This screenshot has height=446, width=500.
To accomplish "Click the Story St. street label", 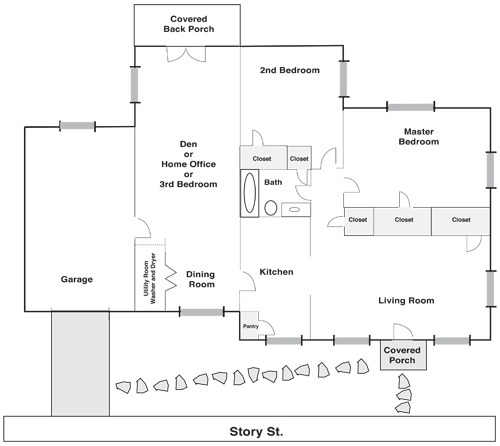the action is pos(256,432).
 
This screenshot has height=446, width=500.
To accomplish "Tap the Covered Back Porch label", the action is pos(189,24).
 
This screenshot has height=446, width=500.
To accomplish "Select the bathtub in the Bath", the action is pos(250,193).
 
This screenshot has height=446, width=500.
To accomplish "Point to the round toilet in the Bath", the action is pos(271,208).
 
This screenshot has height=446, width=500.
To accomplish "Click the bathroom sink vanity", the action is pos(296,210).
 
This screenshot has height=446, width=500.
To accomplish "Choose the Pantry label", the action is pos(251,326).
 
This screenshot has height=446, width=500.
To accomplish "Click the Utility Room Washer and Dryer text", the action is pos(149,279).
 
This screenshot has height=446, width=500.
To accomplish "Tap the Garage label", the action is pos(77,279).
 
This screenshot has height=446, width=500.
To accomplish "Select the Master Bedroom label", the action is pos(419,137).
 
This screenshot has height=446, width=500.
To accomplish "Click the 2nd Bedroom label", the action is pos(290,70).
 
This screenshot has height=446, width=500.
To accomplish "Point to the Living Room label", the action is pos(406,301).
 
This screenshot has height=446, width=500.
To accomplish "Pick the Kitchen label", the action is pos(276,272).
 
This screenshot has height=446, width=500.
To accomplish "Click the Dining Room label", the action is pos(201,279).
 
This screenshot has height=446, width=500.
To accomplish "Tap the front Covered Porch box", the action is pos(403,355).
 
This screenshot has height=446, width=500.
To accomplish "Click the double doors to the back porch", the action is pos(186,54).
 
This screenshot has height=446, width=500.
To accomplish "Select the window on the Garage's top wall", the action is pos(77,126).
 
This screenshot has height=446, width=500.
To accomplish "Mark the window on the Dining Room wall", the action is pos(202,312).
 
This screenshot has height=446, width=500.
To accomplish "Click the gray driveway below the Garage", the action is pos(80,364).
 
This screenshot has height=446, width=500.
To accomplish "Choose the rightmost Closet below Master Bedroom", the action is pos(461,221).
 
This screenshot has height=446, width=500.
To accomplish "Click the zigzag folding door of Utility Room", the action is pos(171,278).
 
